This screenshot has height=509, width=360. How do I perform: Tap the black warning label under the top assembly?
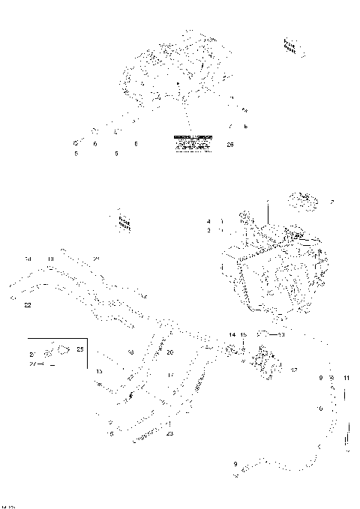pyautogui.click(x=193, y=144)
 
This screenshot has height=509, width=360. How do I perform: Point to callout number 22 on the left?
pyautogui.click(x=28, y=305)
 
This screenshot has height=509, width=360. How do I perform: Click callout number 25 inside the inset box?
pyautogui.click(x=81, y=349)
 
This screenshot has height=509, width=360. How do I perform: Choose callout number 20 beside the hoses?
pyautogui.click(x=169, y=352)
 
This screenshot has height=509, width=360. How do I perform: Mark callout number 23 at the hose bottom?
pyautogui.click(x=170, y=433)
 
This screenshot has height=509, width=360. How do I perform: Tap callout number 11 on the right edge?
pyautogui.click(x=346, y=378)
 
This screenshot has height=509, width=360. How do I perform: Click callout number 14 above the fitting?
pyautogui.click(x=232, y=334)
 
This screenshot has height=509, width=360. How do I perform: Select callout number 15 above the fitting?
pyautogui.click(x=243, y=334)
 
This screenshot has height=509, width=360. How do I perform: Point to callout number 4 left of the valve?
pyautogui.click(x=209, y=221)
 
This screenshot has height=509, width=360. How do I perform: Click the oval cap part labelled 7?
pyautogui.click(x=304, y=200)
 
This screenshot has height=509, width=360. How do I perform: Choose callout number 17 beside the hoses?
pyautogui.click(x=171, y=375)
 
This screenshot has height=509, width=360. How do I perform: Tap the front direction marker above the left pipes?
pyautogui.click(x=124, y=220)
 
